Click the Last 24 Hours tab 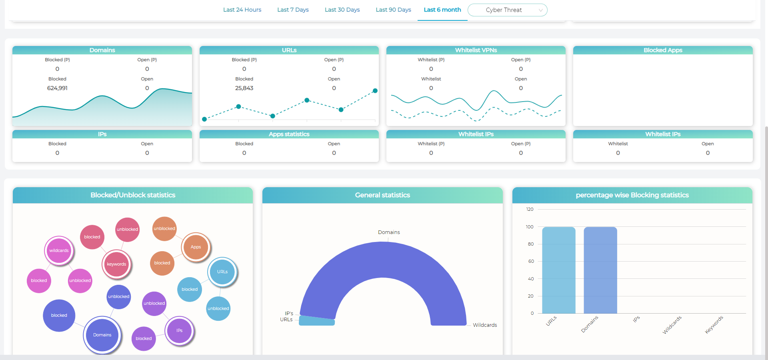pyautogui.click(x=242, y=10)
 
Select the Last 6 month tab pyautogui.click(x=442, y=10)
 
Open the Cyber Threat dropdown pyautogui.click(x=507, y=10)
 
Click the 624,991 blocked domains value pyautogui.click(x=57, y=88)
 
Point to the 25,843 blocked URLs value pyautogui.click(x=244, y=88)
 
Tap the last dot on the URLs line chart pyautogui.click(x=375, y=91)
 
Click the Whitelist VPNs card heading pyautogui.click(x=476, y=50)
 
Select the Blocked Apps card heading pyautogui.click(x=662, y=50)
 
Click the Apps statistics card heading pyautogui.click(x=289, y=134)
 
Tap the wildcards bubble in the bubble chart pyautogui.click(x=59, y=250)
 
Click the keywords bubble pyautogui.click(x=116, y=264)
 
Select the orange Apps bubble pyautogui.click(x=196, y=247)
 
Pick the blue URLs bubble pyautogui.click(x=222, y=272)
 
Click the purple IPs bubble pyautogui.click(x=179, y=330)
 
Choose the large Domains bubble pyautogui.click(x=102, y=335)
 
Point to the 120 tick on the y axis pyautogui.click(x=530, y=209)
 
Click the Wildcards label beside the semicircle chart pyautogui.click(x=485, y=325)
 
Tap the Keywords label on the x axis pyautogui.click(x=714, y=324)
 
